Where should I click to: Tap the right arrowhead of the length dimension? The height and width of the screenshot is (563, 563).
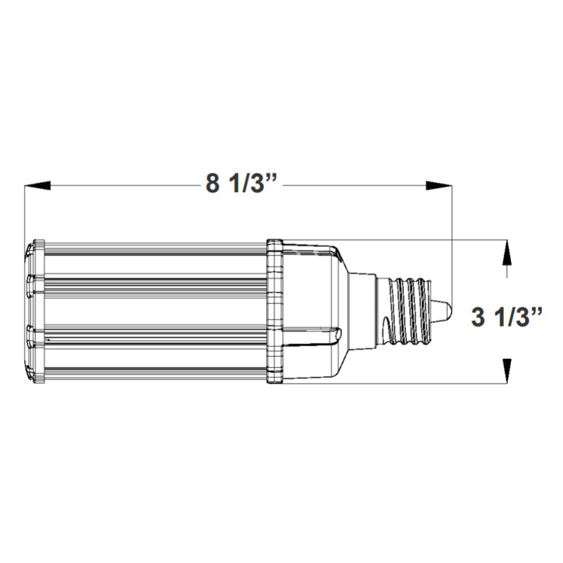(x=439, y=186)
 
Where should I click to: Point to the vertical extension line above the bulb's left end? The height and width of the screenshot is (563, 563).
(x=25, y=211)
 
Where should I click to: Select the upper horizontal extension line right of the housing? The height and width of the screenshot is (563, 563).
(x=422, y=241)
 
